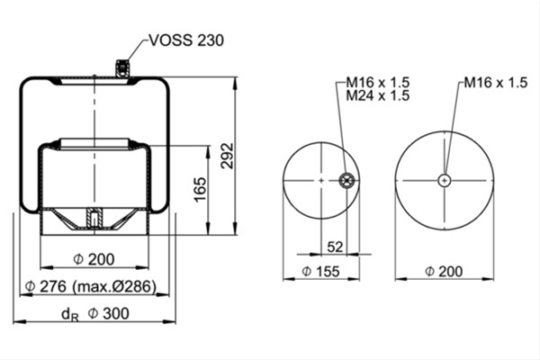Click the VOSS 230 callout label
tap(186, 40)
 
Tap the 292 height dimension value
tap(228, 156)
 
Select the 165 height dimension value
tap(200, 190)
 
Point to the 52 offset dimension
tap(335, 247)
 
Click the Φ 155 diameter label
tap(320, 272)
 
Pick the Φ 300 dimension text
tap(109, 313)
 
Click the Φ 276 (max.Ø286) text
tap(91, 286)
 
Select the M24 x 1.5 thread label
tap(378, 95)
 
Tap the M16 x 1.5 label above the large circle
tap(496, 82)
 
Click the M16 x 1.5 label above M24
tap(378, 82)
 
